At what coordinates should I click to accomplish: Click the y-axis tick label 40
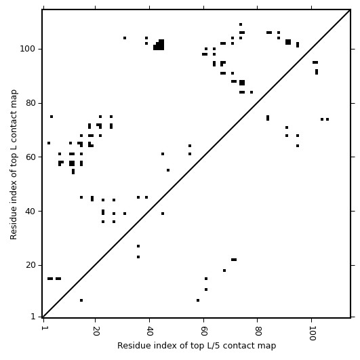[x=31, y=212]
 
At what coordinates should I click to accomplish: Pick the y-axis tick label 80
[x=31, y=103]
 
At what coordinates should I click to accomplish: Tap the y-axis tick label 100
[x=28, y=49]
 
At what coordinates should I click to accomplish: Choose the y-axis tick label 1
[x=33, y=317]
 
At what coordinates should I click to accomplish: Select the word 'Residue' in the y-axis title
[x=14, y=225]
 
